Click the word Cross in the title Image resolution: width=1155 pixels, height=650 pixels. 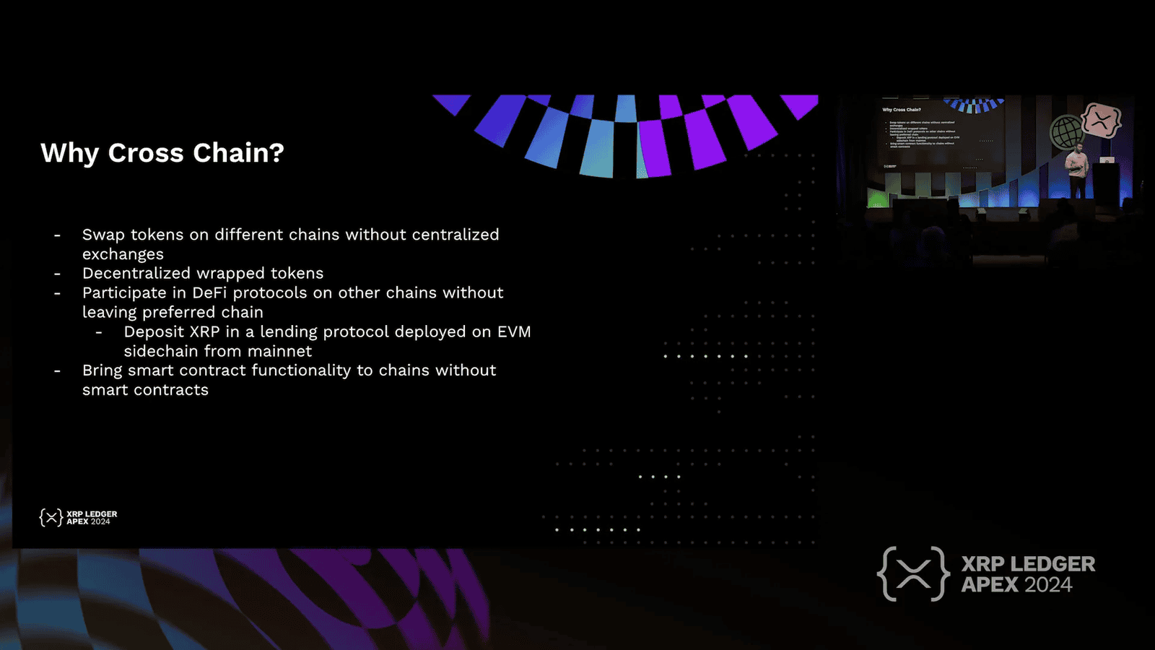tap(146, 153)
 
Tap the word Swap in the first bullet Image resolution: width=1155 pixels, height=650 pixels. tap(103, 235)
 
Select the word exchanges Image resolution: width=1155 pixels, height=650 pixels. tap(123, 254)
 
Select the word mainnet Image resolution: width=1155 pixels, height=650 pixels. tap(279, 351)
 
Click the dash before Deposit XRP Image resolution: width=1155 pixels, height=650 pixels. tap(99, 332)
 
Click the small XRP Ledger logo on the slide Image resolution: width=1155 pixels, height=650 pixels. tap(78, 517)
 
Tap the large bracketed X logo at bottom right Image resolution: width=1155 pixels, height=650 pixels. tap(913, 574)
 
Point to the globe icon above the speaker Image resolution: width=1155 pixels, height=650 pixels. tap(1066, 132)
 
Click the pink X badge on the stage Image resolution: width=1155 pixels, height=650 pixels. tap(1101, 120)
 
